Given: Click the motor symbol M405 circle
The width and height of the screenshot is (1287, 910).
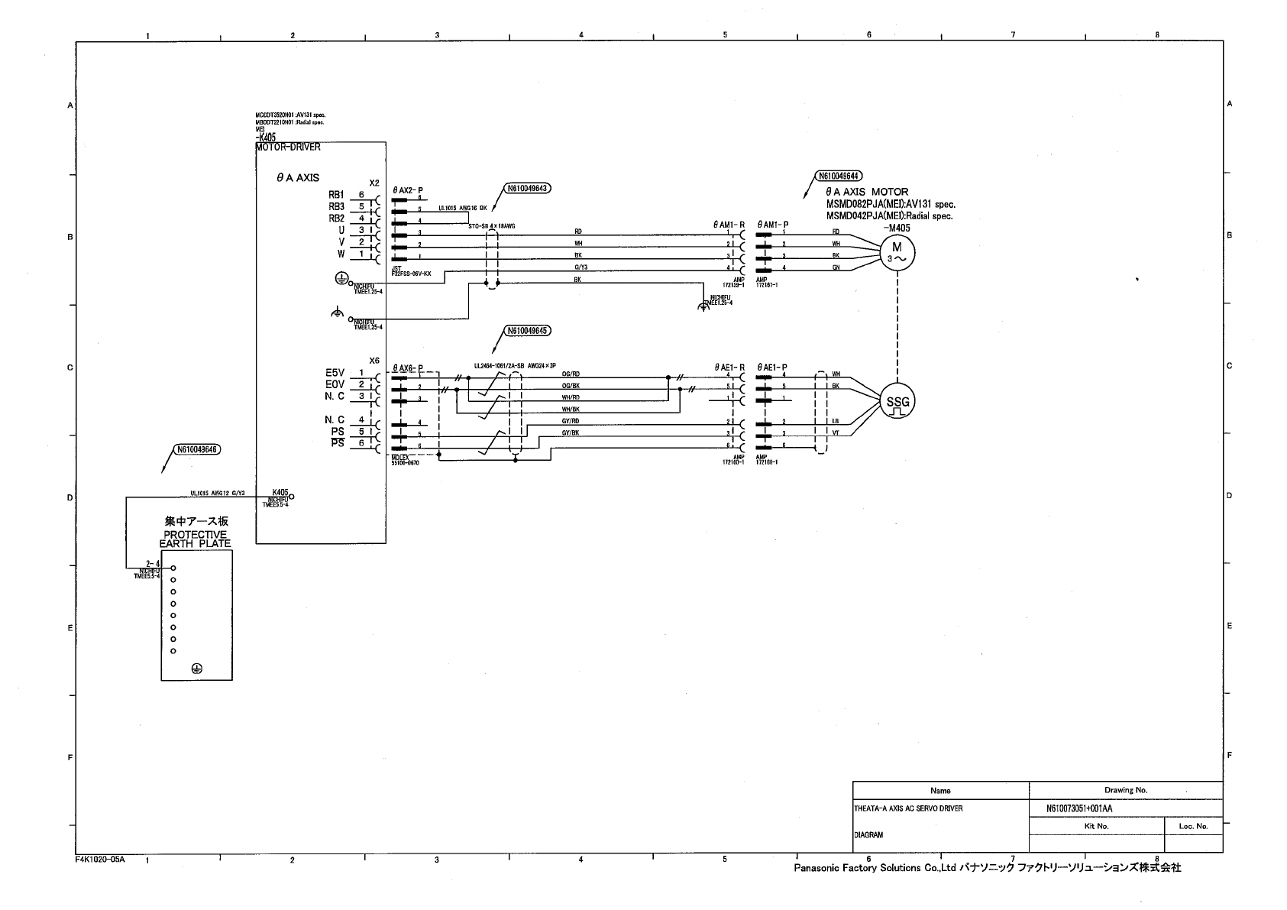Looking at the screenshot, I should [x=897, y=251].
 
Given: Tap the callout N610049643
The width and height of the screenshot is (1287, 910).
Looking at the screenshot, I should [x=527, y=187].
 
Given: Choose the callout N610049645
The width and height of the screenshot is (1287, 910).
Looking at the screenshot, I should [x=527, y=331].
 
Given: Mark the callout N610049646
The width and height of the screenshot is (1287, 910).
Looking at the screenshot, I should [x=197, y=449].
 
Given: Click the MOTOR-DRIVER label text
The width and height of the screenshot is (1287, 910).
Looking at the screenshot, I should [x=288, y=147].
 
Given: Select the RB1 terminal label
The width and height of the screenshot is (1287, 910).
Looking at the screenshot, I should [x=337, y=195].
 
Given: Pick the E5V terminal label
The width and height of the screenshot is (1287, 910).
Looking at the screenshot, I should [x=335, y=373].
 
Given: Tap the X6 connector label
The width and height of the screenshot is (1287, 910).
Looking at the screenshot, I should [x=374, y=361].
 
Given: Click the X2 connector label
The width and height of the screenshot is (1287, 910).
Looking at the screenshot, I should [x=374, y=183].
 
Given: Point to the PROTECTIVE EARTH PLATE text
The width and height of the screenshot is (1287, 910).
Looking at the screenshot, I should [x=195, y=539].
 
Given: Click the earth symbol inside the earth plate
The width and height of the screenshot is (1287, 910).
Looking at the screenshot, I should [x=196, y=669].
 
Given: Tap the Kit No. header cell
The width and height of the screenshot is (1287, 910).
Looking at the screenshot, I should [x=1096, y=826].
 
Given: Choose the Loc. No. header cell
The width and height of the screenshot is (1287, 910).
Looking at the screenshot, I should [x=1193, y=826].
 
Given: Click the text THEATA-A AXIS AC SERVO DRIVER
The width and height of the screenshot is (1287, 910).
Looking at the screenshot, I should [x=908, y=808].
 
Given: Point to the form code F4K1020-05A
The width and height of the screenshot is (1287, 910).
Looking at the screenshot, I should [x=100, y=860].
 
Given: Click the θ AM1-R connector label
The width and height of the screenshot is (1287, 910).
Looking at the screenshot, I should [x=729, y=225].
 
